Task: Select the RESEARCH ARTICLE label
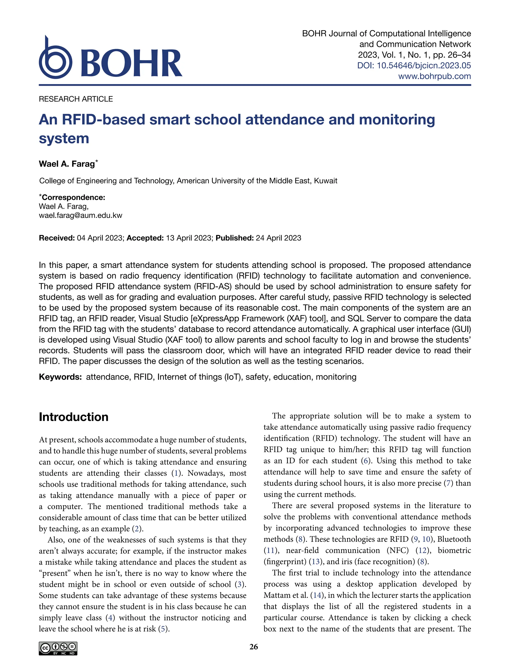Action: point(76,99)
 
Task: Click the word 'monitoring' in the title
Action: point(397,120)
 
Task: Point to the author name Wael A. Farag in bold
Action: point(67,164)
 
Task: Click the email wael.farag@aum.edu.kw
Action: point(80,216)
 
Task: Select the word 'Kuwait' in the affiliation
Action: point(325,181)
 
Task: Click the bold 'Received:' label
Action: point(57,238)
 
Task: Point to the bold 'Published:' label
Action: point(234,238)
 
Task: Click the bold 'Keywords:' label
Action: point(60,377)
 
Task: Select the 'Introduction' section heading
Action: point(73,417)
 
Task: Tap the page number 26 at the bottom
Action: point(254,647)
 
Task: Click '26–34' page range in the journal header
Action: point(459,55)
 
